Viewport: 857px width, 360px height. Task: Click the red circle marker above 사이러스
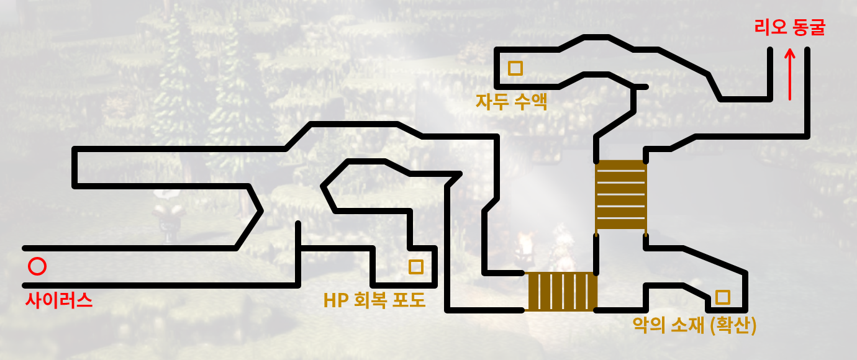37,267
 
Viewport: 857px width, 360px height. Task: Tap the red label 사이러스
59,301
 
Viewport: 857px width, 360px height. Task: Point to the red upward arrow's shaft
790,81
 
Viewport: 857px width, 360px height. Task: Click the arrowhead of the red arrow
790,55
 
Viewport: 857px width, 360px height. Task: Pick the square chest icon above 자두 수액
515,68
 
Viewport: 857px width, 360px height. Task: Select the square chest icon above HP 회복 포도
415,267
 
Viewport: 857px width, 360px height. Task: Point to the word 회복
370,300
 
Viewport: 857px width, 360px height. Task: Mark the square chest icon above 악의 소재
722,297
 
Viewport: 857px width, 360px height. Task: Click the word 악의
648,325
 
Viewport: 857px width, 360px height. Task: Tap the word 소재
687,325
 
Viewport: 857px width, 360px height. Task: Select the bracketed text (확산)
733,325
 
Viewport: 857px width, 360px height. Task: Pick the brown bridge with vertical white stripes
562,291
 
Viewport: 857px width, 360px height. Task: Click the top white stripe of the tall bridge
621,170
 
